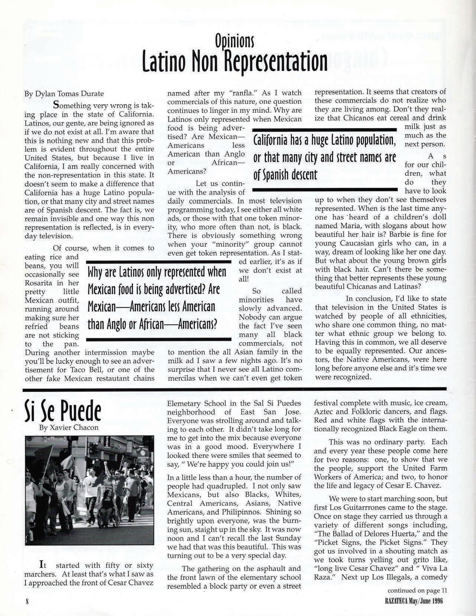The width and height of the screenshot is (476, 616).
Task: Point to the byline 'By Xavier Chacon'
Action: tap(69, 428)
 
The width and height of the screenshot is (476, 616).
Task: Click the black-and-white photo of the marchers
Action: tap(89, 491)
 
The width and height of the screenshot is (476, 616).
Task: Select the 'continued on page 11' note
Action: tap(417, 590)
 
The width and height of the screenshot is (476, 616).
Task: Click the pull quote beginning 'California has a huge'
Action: tap(324, 158)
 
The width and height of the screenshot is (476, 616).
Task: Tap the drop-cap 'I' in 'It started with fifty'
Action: tap(42, 565)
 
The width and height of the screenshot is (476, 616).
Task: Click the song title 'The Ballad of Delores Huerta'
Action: tap(358, 534)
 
